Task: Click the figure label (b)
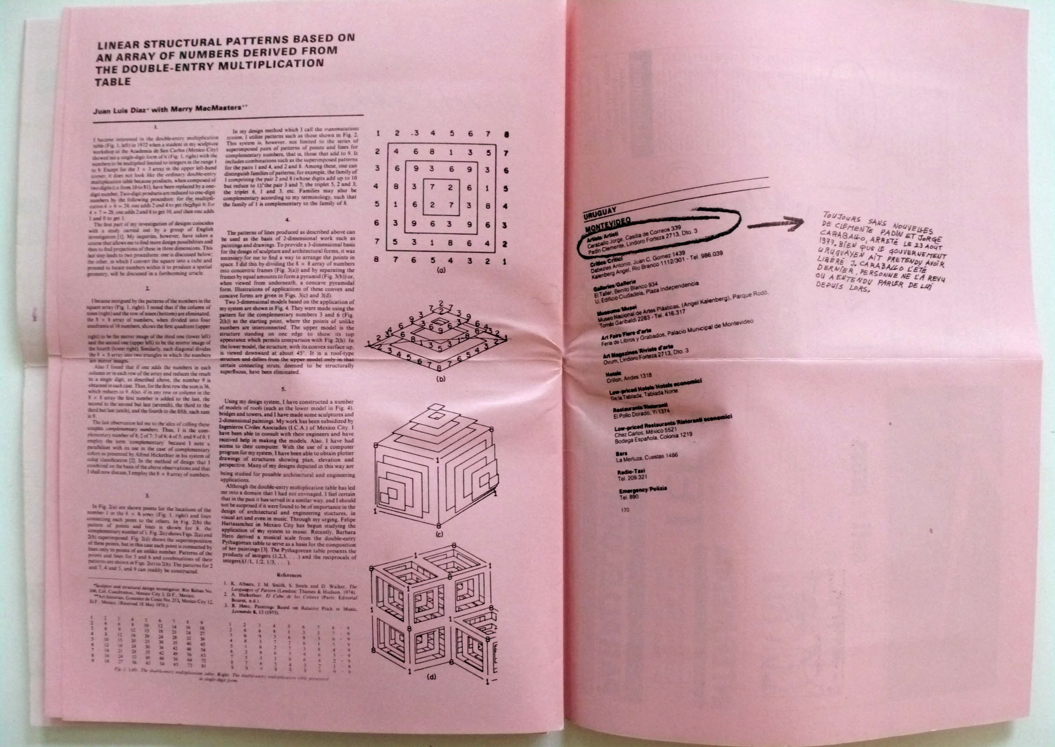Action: pos(441,380)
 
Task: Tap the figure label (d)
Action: pos(432,677)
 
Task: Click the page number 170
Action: pos(625,510)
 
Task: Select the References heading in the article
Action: pos(289,575)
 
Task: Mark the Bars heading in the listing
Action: pos(621,453)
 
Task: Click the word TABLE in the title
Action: pos(113,82)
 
